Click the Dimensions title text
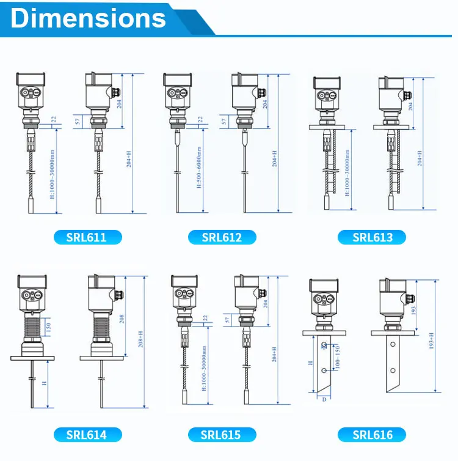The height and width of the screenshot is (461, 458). pos(89,18)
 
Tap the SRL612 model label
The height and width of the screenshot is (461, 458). pos(222,237)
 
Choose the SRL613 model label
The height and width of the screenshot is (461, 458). pos(373,237)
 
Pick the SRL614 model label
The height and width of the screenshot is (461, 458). pos(86,435)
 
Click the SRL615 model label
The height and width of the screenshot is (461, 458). pos(222,435)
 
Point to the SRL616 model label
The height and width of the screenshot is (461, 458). pos(373,435)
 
